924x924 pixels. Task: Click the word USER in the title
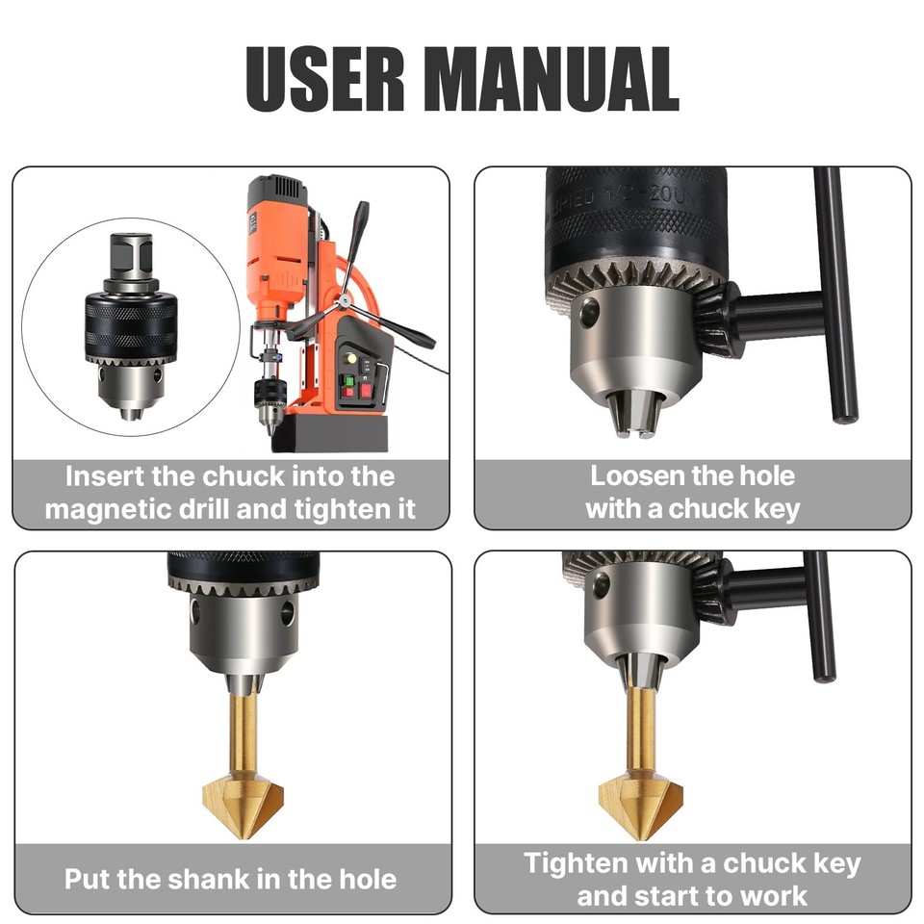point(323,78)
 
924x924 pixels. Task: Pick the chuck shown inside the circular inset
point(130,327)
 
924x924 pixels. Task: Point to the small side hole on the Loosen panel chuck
point(588,312)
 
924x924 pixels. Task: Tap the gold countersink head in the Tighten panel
point(639,795)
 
